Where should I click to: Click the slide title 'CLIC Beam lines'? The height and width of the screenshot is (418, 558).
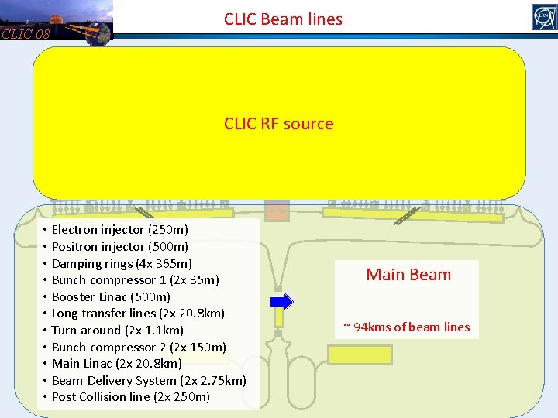tap(283, 19)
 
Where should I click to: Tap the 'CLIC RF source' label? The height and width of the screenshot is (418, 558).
tap(278, 124)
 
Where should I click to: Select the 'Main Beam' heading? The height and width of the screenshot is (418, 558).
tap(408, 275)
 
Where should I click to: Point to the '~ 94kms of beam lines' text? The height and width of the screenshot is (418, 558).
tap(407, 327)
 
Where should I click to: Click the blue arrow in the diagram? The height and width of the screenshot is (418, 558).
tap(282, 301)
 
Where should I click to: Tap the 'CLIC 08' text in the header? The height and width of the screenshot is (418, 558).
tap(26, 34)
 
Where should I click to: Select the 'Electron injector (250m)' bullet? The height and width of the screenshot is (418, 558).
tap(119, 230)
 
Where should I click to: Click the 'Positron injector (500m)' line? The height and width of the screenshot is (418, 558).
tap(119, 247)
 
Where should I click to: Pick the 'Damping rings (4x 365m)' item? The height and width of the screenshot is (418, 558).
tap(122, 264)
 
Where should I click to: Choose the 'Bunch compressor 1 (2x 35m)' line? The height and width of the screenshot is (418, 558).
tap(135, 280)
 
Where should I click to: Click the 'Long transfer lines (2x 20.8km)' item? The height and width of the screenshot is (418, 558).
tap(138, 313)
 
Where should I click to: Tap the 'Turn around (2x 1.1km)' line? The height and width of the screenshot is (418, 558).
tap(117, 331)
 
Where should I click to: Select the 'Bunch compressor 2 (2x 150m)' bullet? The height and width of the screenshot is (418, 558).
tap(139, 347)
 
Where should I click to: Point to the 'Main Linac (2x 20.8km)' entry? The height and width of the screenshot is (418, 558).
tap(116, 363)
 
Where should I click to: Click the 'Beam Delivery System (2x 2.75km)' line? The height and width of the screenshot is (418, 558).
tap(149, 380)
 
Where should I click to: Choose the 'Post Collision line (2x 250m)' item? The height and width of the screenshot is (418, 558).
tap(130, 397)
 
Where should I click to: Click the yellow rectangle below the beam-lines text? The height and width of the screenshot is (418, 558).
tap(360, 355)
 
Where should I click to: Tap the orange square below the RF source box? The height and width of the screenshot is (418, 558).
tap(276, 211)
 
